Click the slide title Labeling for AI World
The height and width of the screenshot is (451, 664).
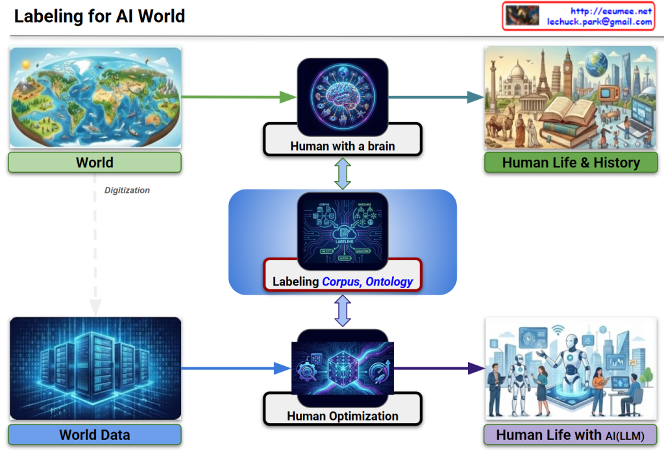99,16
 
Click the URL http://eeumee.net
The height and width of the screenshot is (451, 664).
611,11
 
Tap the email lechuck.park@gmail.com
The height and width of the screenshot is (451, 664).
599,22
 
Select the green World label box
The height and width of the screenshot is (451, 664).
95,162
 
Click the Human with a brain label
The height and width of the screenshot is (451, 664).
342,146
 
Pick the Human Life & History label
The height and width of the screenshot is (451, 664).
571,162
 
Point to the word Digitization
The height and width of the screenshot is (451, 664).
127,190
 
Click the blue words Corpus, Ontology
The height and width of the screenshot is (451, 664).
367,282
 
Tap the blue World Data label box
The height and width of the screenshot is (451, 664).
95,435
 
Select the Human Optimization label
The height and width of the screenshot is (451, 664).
342,416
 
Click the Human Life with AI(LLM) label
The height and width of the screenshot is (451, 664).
571,435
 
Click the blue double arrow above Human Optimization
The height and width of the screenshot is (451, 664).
342,311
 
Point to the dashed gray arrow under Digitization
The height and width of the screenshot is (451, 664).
95,253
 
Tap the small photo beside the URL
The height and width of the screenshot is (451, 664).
523,16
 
